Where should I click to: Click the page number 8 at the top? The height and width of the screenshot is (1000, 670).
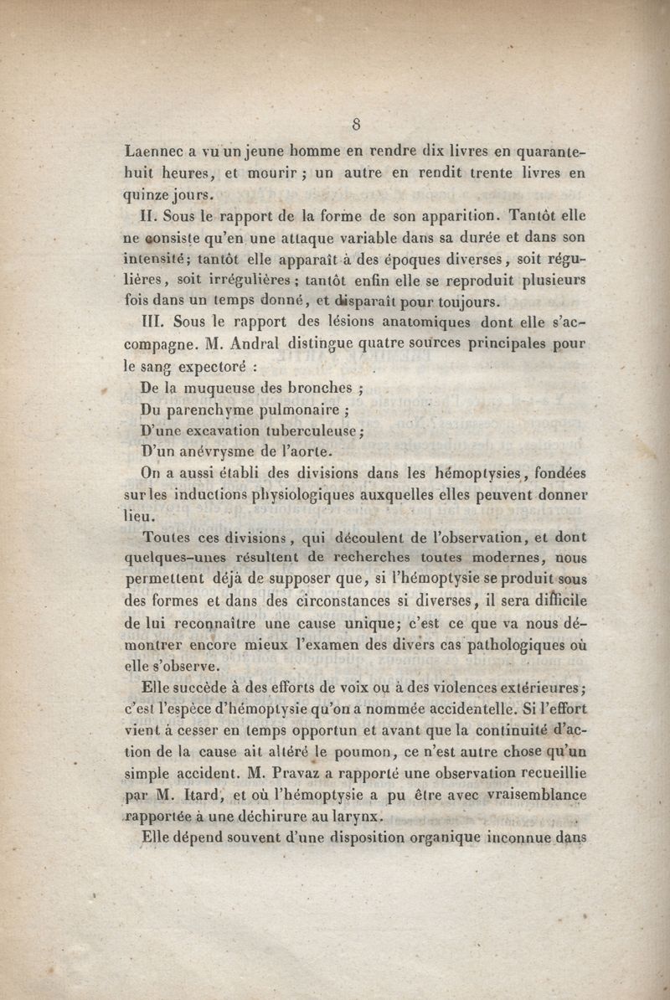(356, 126)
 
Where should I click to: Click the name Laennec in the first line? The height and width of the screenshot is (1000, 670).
(153, 152)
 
